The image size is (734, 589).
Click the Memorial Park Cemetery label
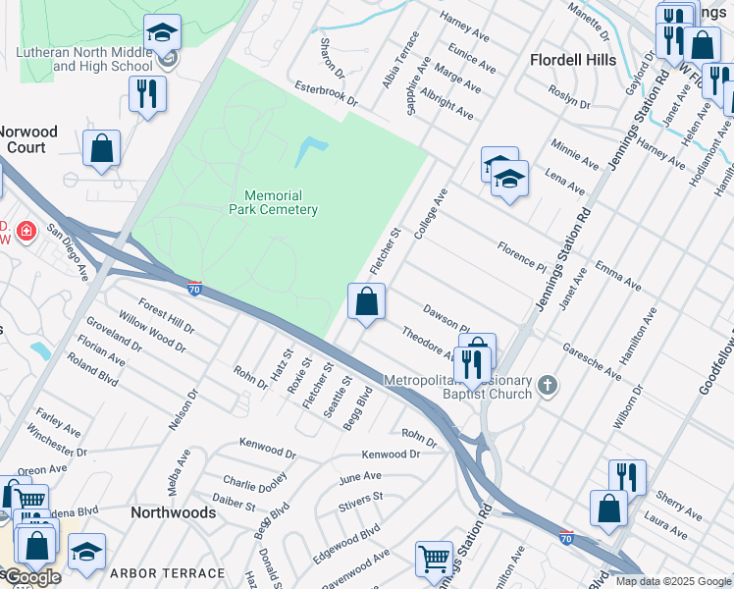click(274, 202)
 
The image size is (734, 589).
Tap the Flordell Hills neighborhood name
click(573, 60)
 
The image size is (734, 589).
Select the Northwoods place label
click(174, 512)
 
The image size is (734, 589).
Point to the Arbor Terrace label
click(167, 572)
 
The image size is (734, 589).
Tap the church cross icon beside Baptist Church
click(549, 386)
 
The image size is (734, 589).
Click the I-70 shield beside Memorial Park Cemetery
click(195, 288)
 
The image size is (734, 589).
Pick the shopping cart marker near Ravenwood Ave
click(433, 559)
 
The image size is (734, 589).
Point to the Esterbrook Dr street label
click(327, 95)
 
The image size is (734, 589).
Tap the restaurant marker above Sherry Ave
click(626, 478)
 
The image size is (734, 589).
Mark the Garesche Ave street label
click(592, 362)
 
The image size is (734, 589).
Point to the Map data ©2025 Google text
click(672, 581)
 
